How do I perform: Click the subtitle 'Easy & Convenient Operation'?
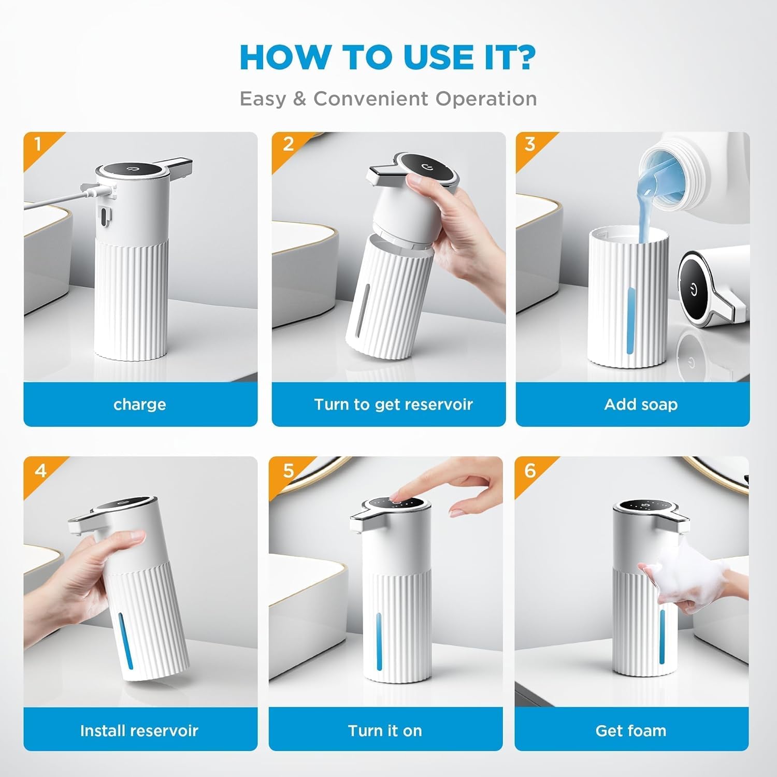(x=388, y=98)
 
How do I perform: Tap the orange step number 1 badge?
(x=37, y=143)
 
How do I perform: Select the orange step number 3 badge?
(x=529, y=143)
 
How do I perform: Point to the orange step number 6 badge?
(x=529, y=470)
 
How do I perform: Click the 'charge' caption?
(x=140, y=404)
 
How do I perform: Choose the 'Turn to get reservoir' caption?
(x=393, y=404)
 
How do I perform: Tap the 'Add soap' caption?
(x=641, y=404)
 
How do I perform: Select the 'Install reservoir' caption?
(x=139, y=730)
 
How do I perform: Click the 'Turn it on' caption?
(x=385, y=730)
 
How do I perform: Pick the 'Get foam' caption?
(x=630, y=730)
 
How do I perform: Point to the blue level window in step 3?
(x=630, y=321)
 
